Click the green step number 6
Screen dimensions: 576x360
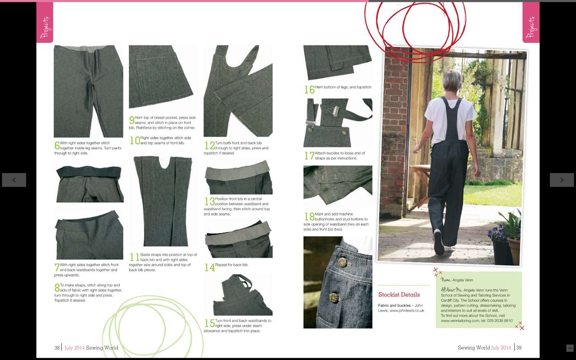(57, 145)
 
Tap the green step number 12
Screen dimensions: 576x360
(210, 145)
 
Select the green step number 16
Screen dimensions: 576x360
(309, 90)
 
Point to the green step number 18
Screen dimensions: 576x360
(309, 216)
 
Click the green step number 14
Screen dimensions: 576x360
(210, 268)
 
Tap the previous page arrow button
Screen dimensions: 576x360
(14, 180)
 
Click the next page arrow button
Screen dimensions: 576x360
(562, 180)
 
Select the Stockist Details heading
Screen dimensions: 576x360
(399, 295)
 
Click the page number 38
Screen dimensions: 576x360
(57, 348)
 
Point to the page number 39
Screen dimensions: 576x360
(519, 348)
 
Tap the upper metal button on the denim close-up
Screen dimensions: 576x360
(342, 262)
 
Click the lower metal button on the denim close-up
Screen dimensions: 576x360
(334, 298)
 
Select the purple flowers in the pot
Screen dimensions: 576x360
(497, 232)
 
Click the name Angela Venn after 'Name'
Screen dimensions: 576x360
(463, 280)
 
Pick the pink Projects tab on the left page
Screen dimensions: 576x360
(45, 23)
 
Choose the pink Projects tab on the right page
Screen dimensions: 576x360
(531, 23)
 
